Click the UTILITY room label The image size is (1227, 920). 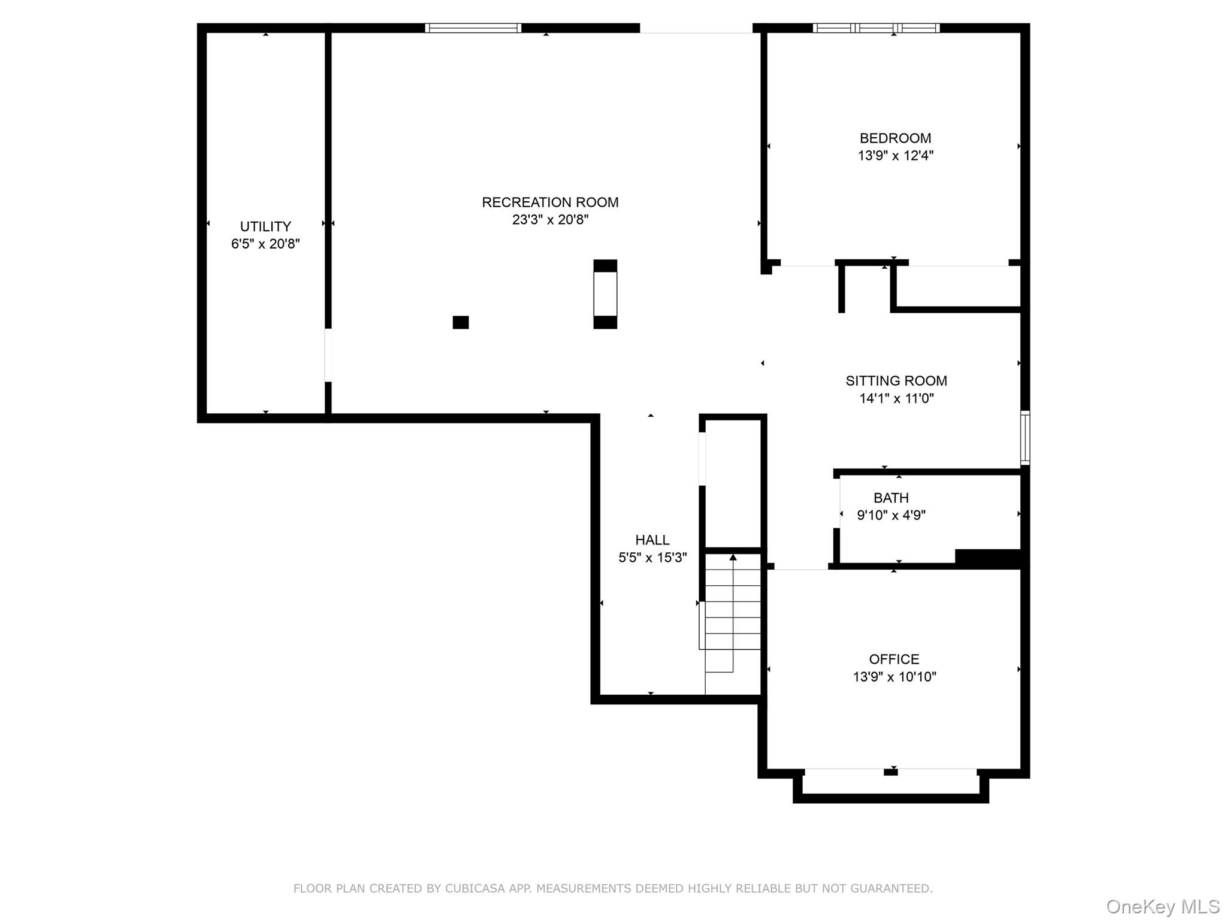point(265,226)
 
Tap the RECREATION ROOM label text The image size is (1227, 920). point(550,202)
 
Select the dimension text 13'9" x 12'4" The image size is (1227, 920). point(895,156)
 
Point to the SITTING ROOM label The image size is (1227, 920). point(896,381)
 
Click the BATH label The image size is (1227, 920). point(891,498)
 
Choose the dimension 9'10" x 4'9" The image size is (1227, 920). point(891,515)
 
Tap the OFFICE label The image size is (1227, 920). point(894,659)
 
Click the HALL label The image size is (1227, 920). point(652,540)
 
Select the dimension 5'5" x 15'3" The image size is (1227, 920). point(652,558)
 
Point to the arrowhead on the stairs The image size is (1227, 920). point(733,558)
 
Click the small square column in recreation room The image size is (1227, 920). point(460,322)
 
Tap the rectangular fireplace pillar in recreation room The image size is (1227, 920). point(605,294)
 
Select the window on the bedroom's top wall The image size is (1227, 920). point(876,28)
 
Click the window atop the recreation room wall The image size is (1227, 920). point(473,28)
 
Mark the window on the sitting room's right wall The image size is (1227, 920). point(1025,438)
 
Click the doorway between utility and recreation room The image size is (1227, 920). point(328,355)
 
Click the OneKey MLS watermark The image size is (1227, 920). point(1162,907)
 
